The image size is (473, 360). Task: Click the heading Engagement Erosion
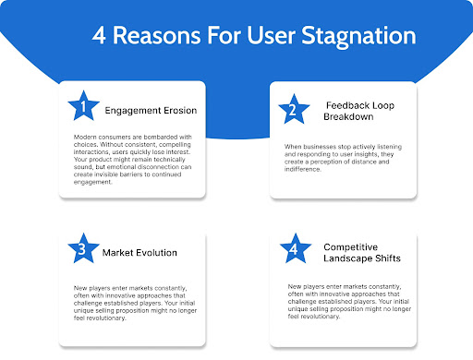[x=151, y=111]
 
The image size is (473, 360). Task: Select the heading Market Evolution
[x=141, y=252]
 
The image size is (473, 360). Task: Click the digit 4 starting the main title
[x=99, y=37]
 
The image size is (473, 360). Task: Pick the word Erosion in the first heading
[x=177, y=111]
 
